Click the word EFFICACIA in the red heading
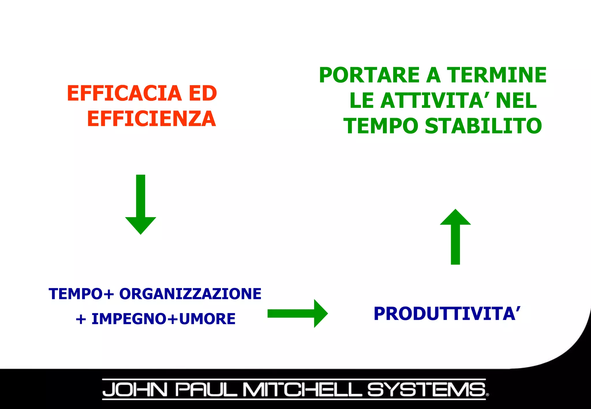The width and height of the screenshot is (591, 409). (124, 93)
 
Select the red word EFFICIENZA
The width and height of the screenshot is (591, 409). (152, 119)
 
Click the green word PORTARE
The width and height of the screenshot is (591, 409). (369, 75)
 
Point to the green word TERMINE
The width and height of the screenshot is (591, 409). (497, 75)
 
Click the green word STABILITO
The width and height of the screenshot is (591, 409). (483, 126)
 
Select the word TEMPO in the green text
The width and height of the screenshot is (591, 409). (381, 126)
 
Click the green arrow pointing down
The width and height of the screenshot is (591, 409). (141, 205)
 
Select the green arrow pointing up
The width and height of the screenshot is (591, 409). (455, 237)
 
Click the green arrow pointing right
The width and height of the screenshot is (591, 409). (298, 313)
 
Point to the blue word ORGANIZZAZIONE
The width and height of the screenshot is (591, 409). (190, 294)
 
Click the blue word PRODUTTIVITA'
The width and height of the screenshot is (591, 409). (447, 314)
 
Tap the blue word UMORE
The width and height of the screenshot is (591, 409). (207, 319)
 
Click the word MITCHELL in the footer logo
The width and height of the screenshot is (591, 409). (302, 390)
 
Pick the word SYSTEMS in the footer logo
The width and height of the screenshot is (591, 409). (427, 390)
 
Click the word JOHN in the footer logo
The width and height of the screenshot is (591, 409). (135, 390)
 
